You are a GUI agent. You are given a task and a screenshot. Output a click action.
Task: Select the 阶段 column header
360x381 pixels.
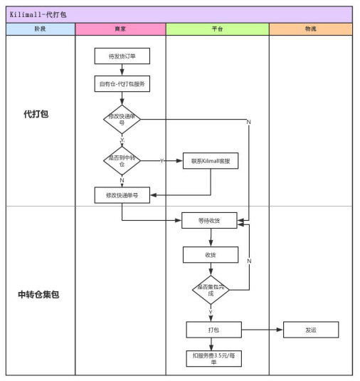coord(40,29)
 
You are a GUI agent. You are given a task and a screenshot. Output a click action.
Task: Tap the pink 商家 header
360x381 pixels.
coord(120,29)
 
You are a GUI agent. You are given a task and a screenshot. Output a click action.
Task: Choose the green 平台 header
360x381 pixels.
coord(217,29)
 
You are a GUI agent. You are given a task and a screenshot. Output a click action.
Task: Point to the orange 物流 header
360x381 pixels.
coord(310,29)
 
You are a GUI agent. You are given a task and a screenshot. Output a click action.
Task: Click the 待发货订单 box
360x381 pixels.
coord(122,56)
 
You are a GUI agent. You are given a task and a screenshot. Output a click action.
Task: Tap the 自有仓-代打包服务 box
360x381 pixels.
coord(122,84)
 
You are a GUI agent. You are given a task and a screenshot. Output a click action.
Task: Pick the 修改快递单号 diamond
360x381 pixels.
coord(122,120)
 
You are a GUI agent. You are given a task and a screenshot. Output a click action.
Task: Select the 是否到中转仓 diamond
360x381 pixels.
coord(122,161)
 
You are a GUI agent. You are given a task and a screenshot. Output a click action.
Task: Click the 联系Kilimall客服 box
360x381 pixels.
coord(211,161)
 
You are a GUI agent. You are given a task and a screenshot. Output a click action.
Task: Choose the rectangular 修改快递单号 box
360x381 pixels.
coord(122,194)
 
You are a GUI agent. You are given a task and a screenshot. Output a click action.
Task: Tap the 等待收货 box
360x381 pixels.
coord(210,221)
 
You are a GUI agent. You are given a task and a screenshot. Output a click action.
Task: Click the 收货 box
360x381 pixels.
coord(210,254)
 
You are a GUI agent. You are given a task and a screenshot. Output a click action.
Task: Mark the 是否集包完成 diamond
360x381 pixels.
coord(210,290)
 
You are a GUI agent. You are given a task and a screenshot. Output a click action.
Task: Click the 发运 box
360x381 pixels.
coord(311,330)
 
